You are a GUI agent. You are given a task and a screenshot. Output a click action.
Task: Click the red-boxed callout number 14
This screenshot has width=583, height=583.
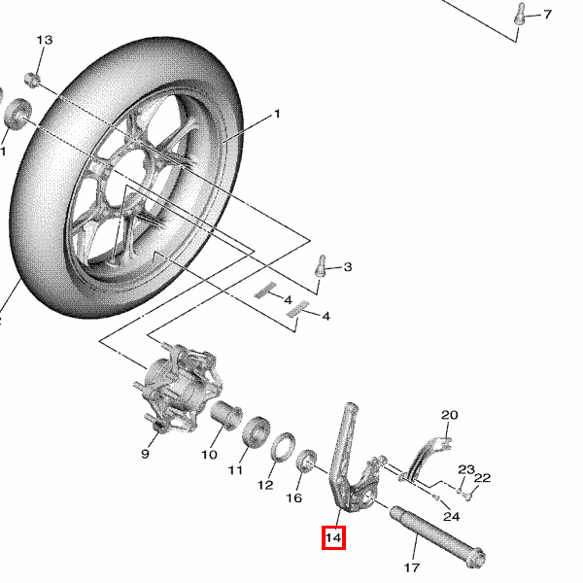click(x=333, y=537)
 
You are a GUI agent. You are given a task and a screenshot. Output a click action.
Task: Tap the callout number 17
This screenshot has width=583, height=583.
click(x=412, y=567)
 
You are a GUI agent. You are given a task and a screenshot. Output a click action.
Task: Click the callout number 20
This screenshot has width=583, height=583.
click(x=450, y=415)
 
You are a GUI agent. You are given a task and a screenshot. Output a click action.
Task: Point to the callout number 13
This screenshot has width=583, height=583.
click(x=45, y=40)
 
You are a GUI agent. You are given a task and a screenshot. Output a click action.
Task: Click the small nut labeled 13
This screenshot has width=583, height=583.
click(x=32, y=80)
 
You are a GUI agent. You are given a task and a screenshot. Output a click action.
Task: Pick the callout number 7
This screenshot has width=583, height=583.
click(x=547, y=15)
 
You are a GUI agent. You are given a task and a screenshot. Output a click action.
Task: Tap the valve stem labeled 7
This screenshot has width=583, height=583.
click(x=520, y=14)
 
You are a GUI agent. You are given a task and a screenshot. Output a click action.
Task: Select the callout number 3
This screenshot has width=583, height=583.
click(x=348, y=267)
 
